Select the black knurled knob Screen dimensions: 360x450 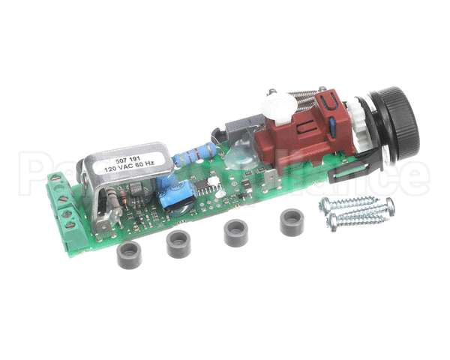395,123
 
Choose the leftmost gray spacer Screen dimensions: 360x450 129,255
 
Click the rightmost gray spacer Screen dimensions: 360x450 292,222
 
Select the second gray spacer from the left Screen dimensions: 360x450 178,244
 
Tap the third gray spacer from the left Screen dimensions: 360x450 236,232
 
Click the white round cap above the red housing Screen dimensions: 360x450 280,106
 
